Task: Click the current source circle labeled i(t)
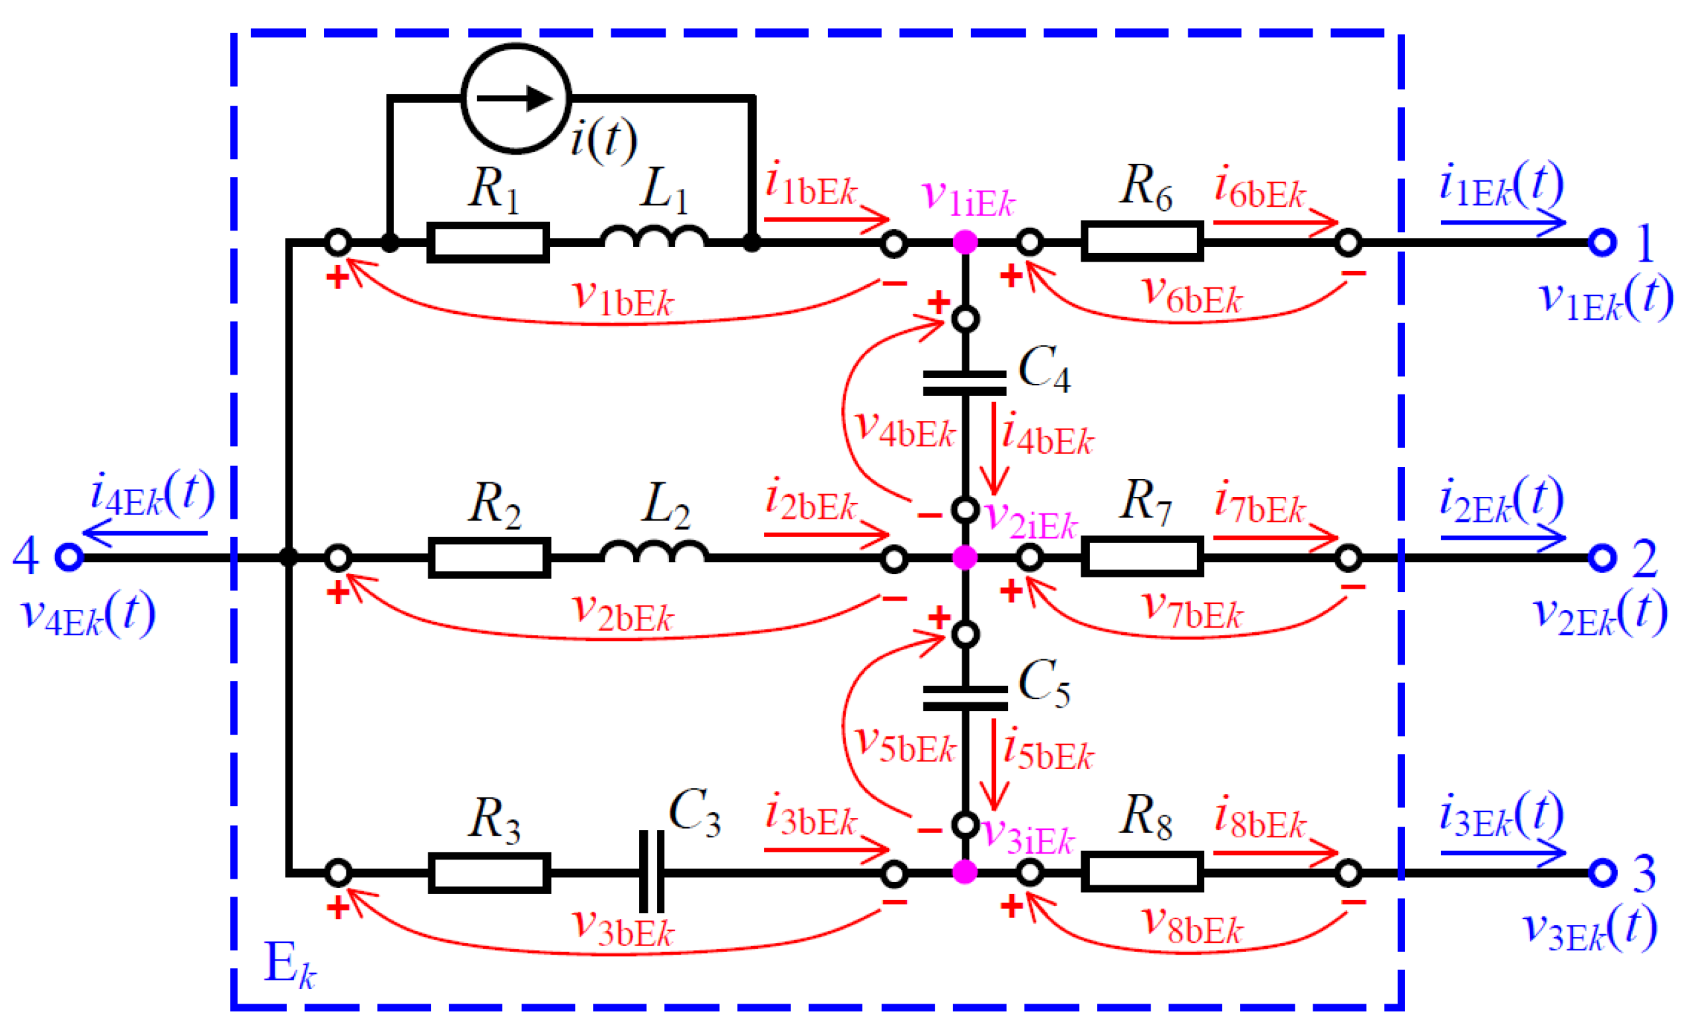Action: point(516,98)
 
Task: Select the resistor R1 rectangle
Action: point(488,242)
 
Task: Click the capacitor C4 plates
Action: point(964,383)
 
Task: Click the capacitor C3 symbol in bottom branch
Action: point(651,872)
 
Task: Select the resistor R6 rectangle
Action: point(1142,240)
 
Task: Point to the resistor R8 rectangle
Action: point(1142,871)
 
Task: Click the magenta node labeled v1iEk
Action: point(964,242)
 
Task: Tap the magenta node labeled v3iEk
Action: point(964,872)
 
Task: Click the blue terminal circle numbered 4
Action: point(69,557)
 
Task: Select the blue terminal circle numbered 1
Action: point(1602,242)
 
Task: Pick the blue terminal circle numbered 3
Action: point(1602,872)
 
